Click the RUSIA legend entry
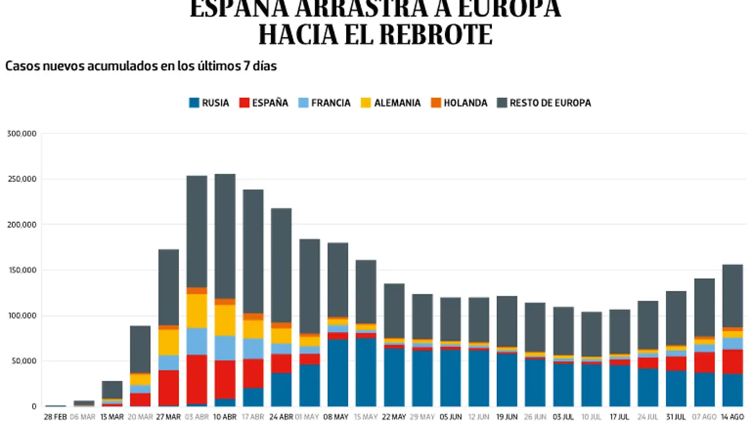pyautogui.click(x=209, y=103)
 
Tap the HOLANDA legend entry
pyautogui.click(x=459, y=103)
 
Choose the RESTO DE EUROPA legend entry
pyautogui.click(x=543, y=103)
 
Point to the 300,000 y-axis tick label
pyautogui.click(x=22, y=134)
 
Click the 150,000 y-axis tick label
pyautogui.click(x=22, y=270)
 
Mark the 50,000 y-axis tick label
pyautogui.click(x=24, y=361)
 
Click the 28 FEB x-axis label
pyautogui.click(x=56, y=416)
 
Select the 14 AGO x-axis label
pyautogui.click(x=732, y=416)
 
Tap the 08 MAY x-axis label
pyautogui.click(x=337, y=416)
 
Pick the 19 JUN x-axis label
pyautogui.click(x=507, y=416)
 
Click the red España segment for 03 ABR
pyautogui.click(x=197, y=379)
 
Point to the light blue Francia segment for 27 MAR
pyautogui.click(x=168, y=363)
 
